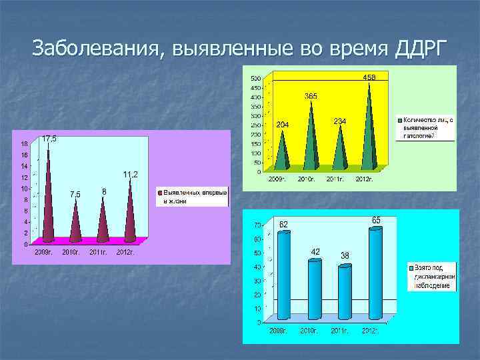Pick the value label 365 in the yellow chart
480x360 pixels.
pos(311,96)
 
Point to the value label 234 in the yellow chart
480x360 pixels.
pos(339,121)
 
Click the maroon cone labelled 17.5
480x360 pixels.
pos(48,200)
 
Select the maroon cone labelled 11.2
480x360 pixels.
pos(130,213)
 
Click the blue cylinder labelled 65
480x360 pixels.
pos(375,273)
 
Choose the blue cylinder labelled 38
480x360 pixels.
pos(345,292)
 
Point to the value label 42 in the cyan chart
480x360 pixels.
pos(316,251)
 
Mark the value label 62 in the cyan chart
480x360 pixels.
pos(283,224)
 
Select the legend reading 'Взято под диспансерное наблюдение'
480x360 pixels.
pos(432,276)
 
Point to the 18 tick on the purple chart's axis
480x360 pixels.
pos(24,143)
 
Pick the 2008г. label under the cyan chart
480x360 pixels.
pos(279,330)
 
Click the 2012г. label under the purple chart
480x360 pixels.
pos(125,252)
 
